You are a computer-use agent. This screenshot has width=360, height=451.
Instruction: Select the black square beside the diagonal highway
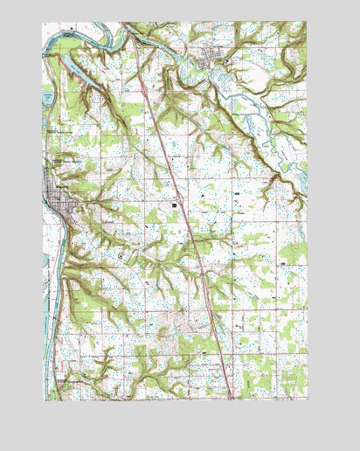point(175,205)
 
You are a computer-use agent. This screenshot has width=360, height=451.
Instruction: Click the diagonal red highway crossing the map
point(183,219)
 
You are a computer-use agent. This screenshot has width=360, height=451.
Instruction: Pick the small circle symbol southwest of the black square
point(121,255)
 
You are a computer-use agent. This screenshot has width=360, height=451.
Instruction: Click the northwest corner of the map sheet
point(42,23)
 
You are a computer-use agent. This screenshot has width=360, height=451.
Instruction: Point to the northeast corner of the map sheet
point(307,23)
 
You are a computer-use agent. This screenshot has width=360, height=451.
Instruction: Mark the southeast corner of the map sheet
point(308,400)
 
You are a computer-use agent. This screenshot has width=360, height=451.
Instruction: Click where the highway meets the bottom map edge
point(232,399)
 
